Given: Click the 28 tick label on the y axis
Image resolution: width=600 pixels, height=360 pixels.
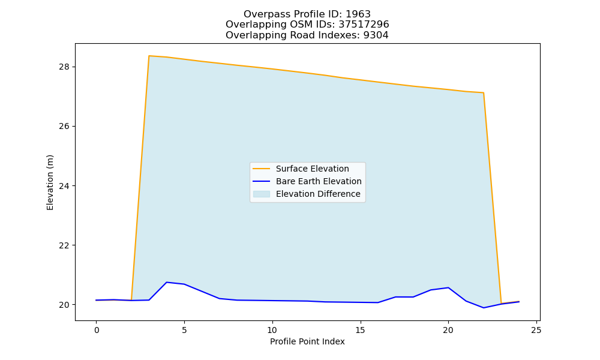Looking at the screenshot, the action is coord(64,67).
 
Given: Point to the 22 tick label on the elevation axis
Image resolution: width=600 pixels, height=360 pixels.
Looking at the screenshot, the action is coord(64,245).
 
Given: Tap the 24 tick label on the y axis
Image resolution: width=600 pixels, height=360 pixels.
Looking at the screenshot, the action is coord(64,186).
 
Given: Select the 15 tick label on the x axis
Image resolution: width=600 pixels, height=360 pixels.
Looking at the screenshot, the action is coord(360,330).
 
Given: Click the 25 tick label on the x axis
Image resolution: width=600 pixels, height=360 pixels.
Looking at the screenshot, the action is coord(536,330).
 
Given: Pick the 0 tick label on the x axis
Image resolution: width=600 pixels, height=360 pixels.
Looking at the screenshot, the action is coord(97,330).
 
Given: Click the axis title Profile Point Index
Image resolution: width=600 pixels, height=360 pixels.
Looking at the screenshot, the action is coord(307,341).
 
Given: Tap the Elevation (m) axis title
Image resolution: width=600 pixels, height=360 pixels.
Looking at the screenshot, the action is coord(50,182).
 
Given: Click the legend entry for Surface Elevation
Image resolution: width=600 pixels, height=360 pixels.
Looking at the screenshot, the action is coord(312,169).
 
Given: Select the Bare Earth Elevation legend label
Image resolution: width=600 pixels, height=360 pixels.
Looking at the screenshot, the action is coord(319,181).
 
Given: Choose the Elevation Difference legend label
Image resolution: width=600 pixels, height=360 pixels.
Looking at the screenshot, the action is coord(318,194).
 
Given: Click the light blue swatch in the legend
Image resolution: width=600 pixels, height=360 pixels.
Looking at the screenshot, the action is coord(262,194).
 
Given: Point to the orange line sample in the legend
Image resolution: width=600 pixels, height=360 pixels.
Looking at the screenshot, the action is coord(262,169).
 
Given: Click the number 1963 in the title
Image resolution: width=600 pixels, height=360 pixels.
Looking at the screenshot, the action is coord(358,14).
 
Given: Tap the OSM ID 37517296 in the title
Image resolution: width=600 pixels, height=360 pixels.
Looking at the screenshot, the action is coord(364,25).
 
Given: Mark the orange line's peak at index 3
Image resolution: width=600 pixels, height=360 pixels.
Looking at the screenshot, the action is coord(149,56).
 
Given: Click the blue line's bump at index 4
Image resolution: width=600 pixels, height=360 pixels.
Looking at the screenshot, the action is coord(166,283).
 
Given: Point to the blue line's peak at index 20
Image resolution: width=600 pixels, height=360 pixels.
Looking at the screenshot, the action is coord(448,287).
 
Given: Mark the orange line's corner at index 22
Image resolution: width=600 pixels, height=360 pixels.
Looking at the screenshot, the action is coord(483,92).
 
